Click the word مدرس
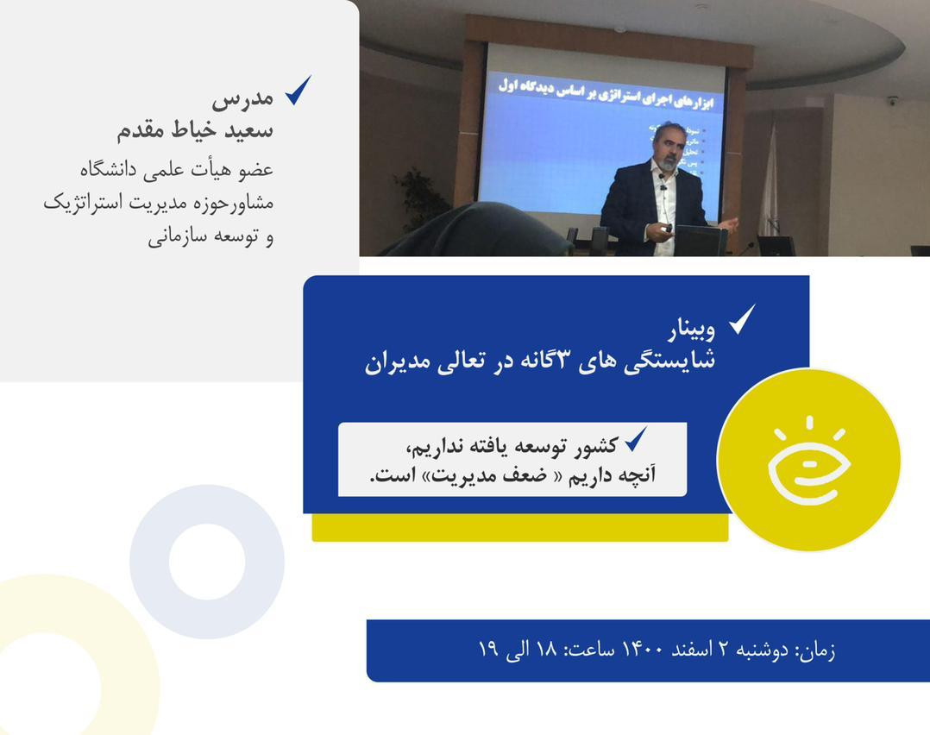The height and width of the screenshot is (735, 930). coord(242,97)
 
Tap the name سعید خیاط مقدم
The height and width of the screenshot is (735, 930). coord(196,130)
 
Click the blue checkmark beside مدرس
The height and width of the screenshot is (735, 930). coord(298,90)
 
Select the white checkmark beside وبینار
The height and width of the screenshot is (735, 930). coord(742,319)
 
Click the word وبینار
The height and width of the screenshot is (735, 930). coord(692,330)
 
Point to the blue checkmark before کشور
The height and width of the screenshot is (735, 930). coord(636,440)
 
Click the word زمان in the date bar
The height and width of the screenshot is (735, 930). coord(815,650)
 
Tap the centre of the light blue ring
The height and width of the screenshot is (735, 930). coord(207,562)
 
